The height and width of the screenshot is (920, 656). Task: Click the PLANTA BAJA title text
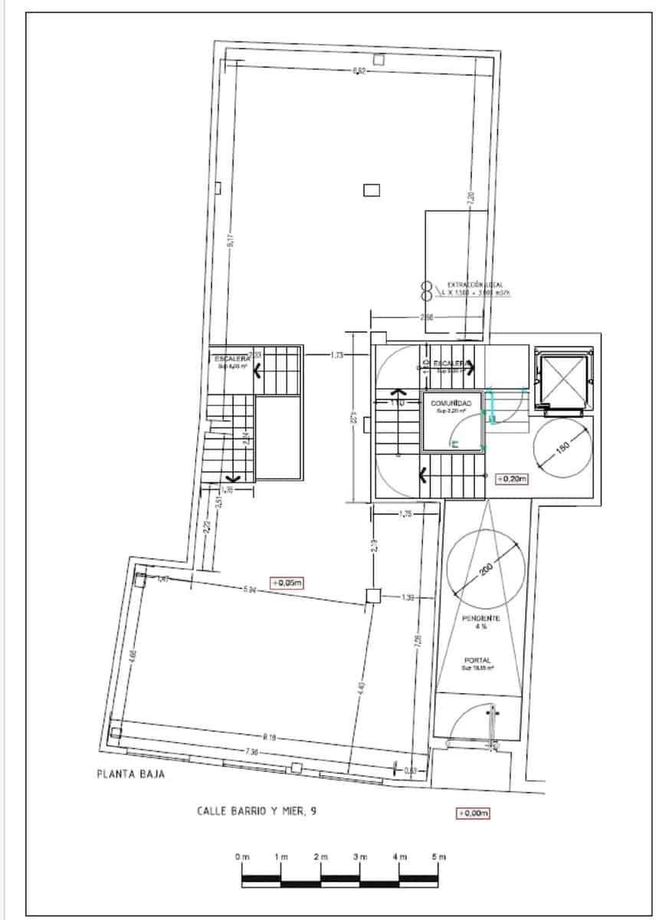[130, 774]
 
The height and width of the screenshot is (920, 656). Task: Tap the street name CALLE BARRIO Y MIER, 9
[257, 812]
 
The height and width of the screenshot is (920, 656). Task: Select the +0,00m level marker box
[473, 813]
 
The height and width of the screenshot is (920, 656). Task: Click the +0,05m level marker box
[287, 583]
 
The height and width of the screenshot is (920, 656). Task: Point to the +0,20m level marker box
[512, 479]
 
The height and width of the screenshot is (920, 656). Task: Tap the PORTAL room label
[477, 660]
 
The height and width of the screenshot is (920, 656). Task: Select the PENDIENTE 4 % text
[481, 622]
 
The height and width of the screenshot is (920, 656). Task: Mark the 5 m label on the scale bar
[438, 855]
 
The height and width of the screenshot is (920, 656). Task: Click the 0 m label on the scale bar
[242, 855]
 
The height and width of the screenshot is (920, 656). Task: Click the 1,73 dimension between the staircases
[337, 355]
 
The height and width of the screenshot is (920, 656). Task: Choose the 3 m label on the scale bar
[360, 855]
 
